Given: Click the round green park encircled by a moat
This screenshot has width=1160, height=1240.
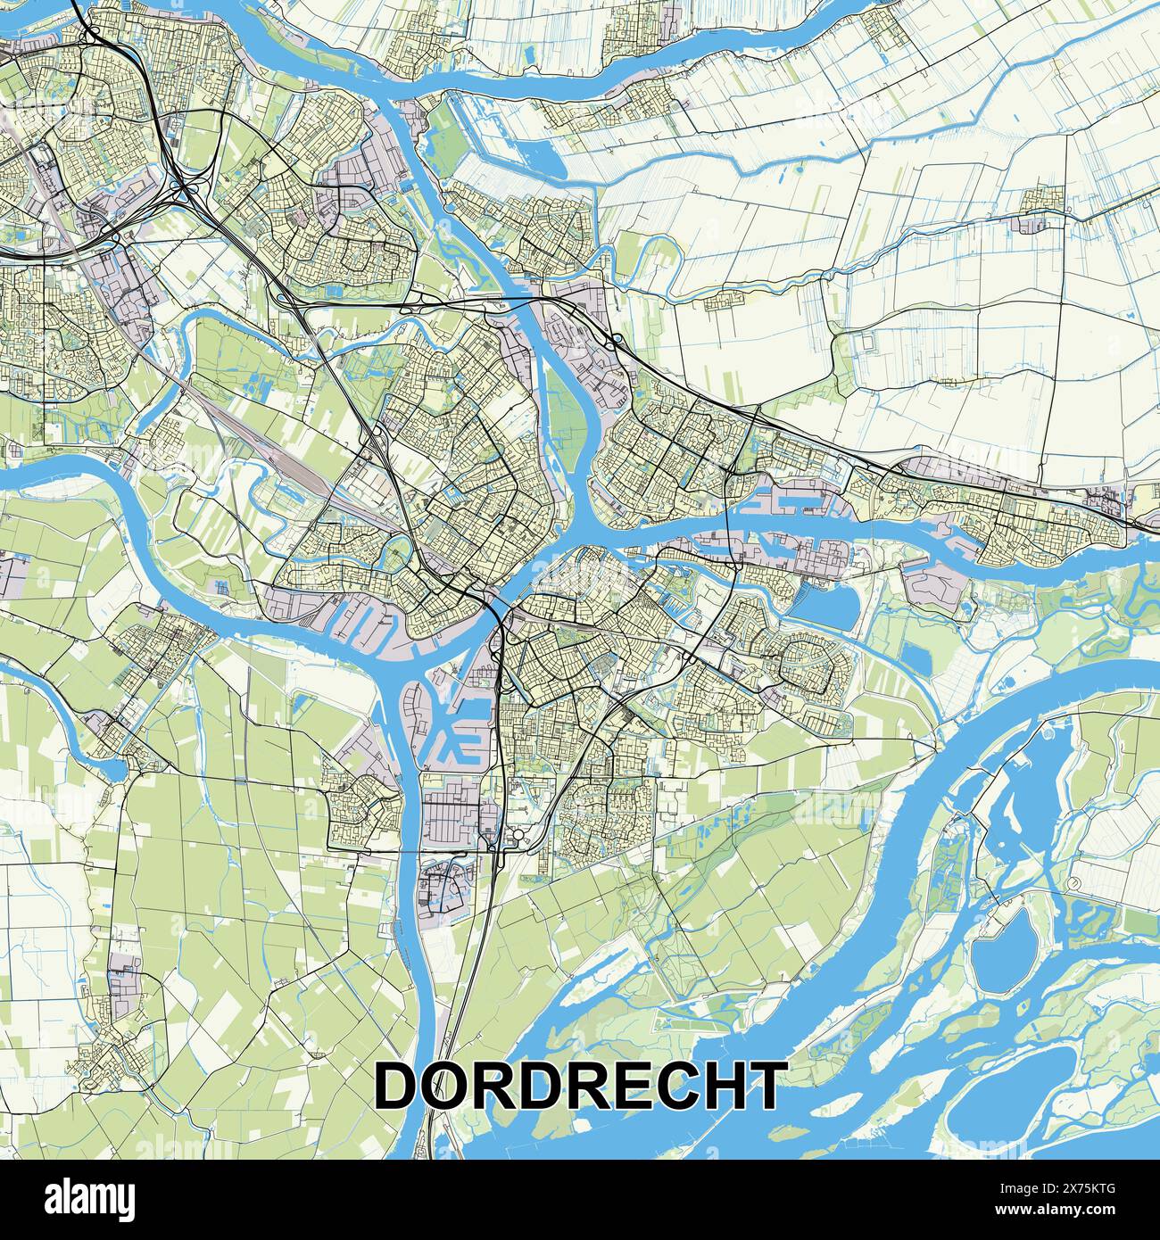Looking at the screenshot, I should (x=394, y=557).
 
